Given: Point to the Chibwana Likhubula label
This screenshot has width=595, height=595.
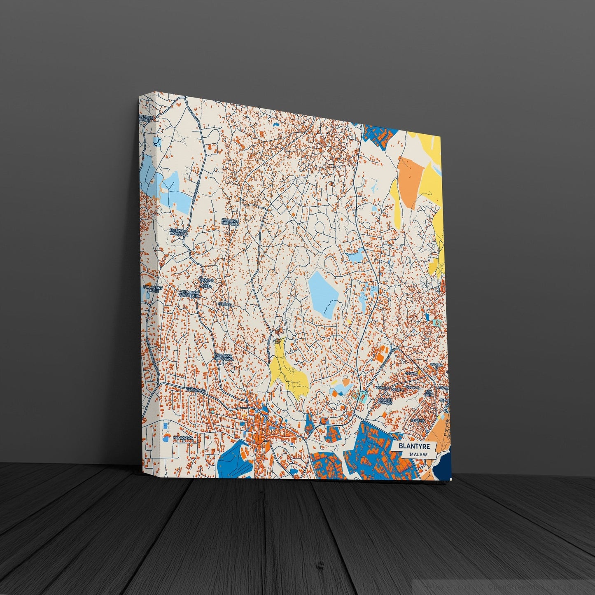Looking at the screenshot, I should (179, 233).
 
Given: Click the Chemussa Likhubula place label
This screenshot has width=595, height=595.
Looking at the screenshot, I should (231, 222).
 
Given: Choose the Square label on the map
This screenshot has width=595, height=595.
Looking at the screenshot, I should (225, 304).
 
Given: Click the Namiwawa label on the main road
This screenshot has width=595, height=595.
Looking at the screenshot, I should (195, 389).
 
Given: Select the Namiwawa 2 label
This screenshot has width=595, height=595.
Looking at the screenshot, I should (183, 438).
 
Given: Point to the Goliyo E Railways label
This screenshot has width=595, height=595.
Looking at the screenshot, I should (385, 401).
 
